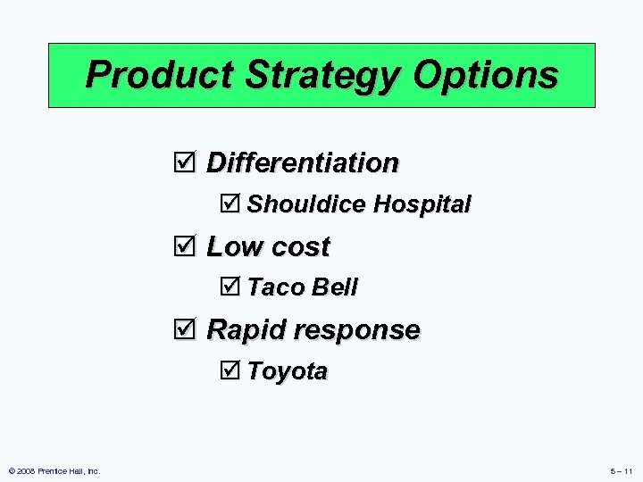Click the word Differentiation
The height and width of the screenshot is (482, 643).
303,162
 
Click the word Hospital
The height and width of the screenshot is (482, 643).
422,204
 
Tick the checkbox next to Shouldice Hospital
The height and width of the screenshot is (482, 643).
230,204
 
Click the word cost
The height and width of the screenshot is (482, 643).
300,246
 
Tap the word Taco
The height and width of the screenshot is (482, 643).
275,287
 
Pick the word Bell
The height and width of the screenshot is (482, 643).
333,287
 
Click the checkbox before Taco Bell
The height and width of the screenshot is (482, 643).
230,287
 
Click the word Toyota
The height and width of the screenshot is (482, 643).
288,371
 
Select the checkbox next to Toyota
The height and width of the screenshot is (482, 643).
230,370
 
